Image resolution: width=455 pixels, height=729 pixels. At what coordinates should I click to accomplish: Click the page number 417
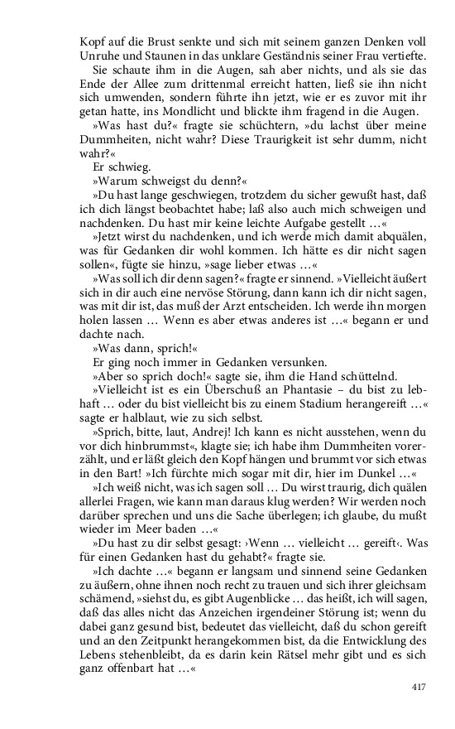[x=420, y=687]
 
